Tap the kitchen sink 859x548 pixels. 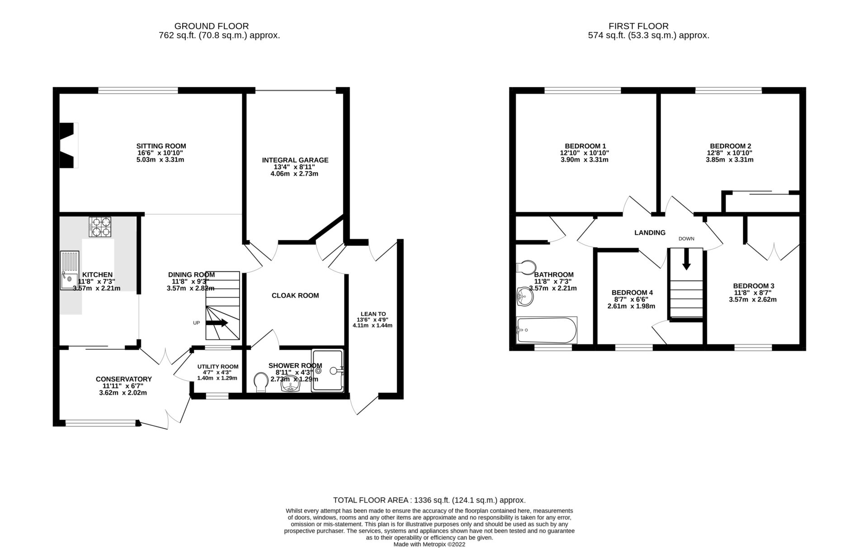point(69,270)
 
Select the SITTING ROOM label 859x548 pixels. point(161,146)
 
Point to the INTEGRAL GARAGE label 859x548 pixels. point(295,160)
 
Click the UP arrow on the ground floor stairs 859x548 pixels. point(217,323)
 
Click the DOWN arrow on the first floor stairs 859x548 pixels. point(686,260)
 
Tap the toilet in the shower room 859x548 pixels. point(261,383)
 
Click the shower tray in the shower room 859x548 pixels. point(328,370)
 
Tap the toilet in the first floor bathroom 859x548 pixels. point(525,267)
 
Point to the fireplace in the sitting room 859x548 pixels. point(69,146)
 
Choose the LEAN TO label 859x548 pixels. point(373,314)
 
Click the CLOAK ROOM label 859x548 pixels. point(295,296)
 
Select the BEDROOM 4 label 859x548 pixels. point(632,293)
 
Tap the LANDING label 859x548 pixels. point(650,233)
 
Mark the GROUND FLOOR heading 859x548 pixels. point(212,26)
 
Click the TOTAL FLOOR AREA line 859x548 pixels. point(429,500)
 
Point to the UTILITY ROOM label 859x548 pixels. point(217,367)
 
